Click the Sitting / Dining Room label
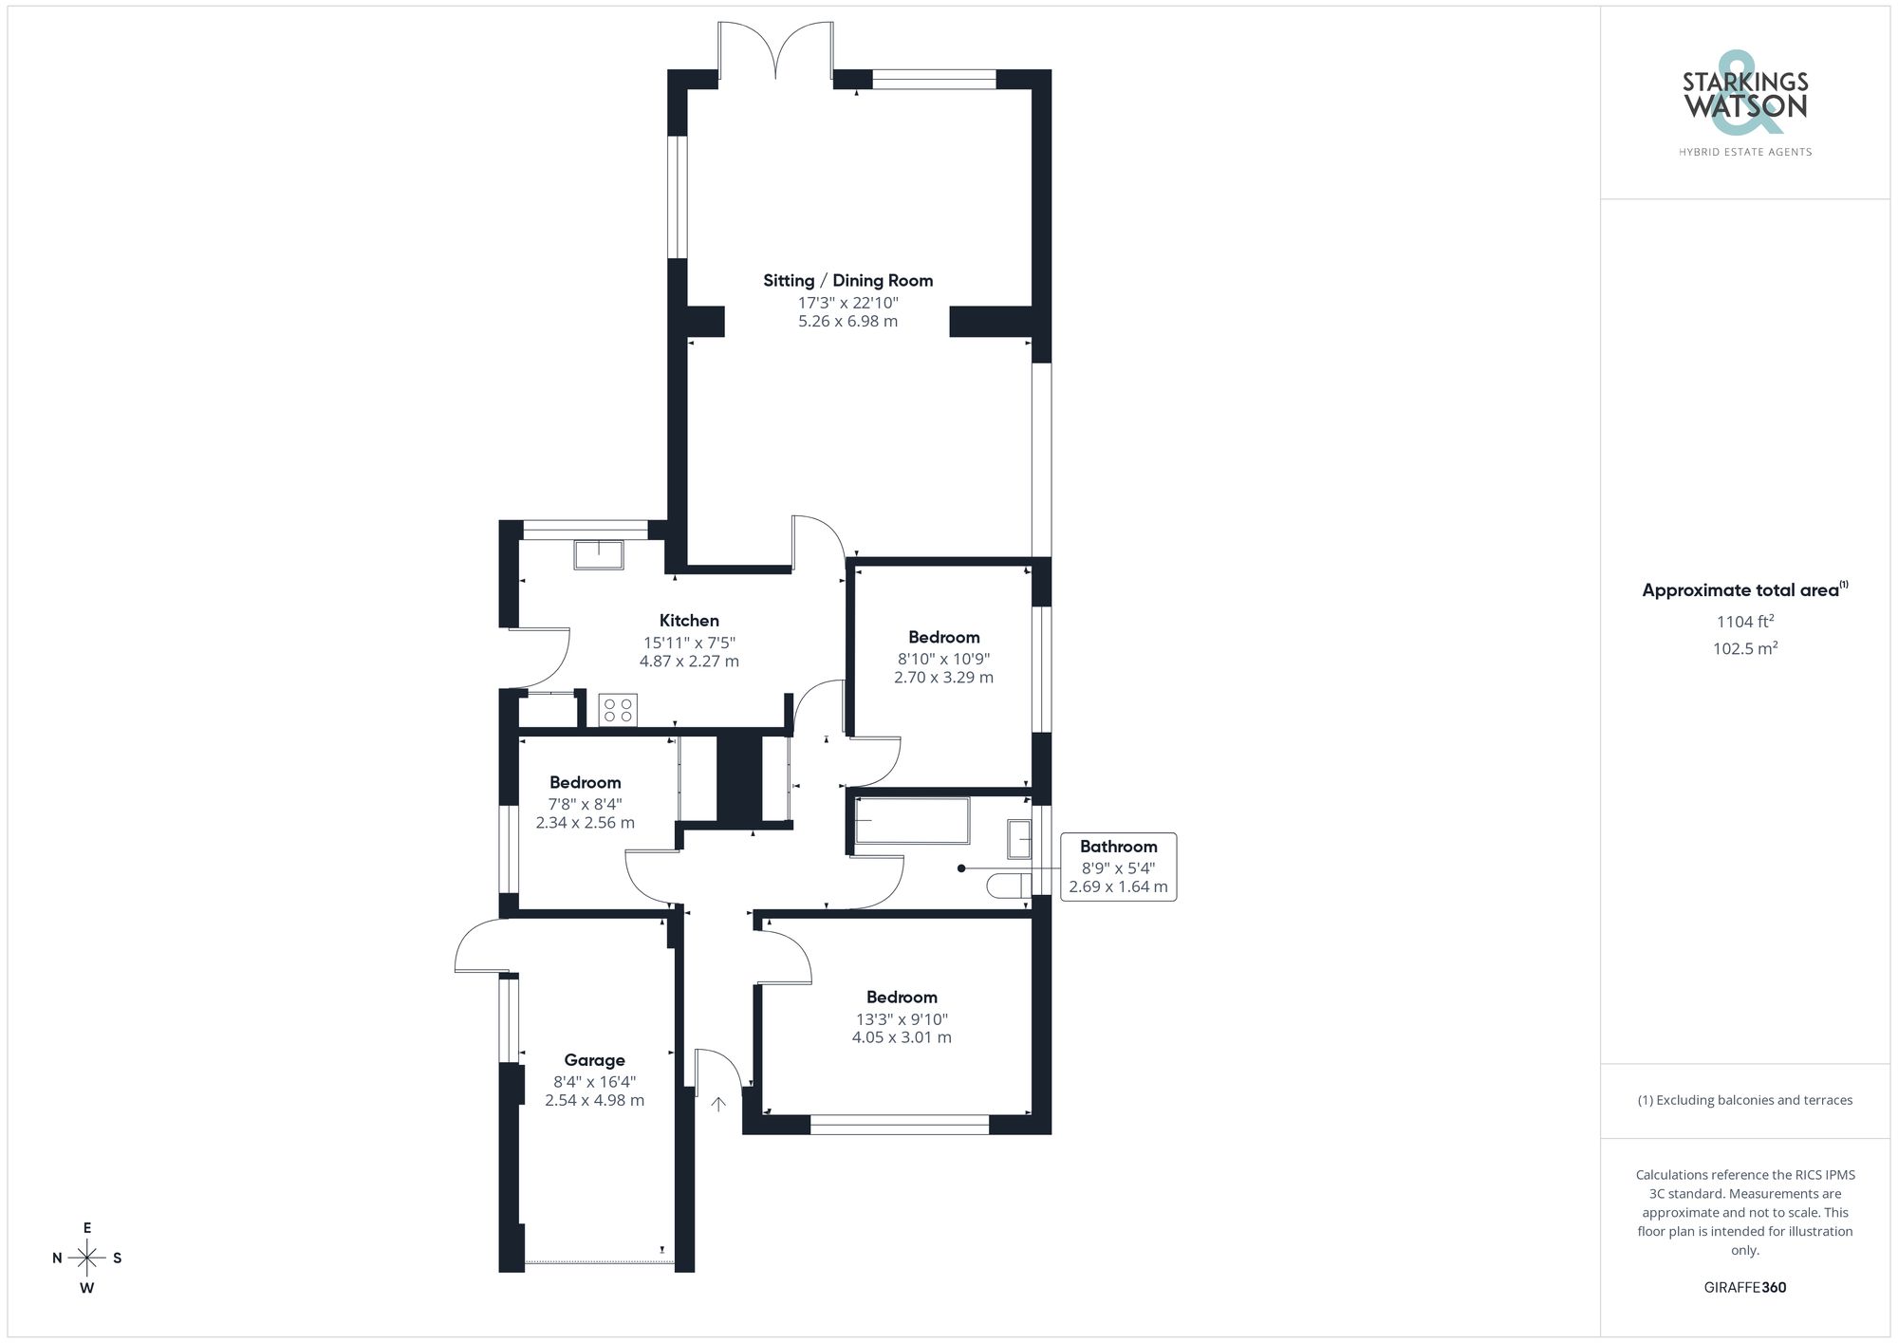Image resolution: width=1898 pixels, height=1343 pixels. (847, 281)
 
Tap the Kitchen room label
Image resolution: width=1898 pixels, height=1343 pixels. (689, 621)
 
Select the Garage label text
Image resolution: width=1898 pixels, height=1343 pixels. (594, 1060)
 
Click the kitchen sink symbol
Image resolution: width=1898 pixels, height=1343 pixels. (599, 554)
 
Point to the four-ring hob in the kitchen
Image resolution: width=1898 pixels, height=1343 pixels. (618, 710)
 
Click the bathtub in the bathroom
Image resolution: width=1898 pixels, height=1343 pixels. (912, 821)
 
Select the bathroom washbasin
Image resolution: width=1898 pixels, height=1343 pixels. (1019, 839)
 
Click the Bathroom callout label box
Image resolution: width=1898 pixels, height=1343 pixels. (1118, 867)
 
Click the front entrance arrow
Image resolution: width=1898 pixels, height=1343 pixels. (718, 1103)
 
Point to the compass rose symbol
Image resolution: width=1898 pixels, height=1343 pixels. (87, 1259)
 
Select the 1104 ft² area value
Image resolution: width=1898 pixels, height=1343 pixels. (1745, 623)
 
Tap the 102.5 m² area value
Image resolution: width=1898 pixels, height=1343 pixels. (1745, 649)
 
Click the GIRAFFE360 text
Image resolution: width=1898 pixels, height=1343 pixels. (1745, 1288)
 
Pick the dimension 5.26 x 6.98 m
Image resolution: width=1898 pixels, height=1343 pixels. (847, 322)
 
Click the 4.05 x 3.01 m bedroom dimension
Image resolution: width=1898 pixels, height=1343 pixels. (902, 1037)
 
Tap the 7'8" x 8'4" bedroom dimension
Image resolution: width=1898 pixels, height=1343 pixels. (585, 804)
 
